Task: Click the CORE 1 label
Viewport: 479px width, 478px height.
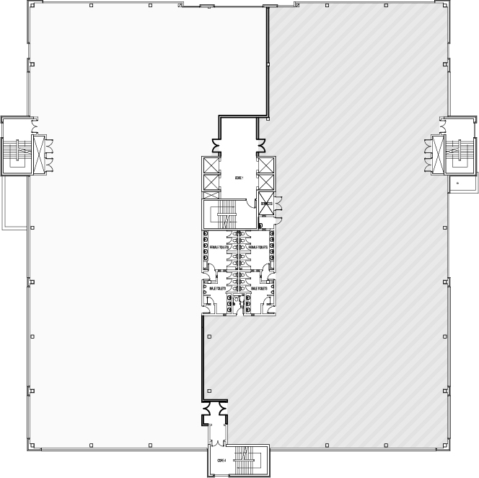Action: click(239, 178)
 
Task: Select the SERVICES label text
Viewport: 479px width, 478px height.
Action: click(265, 204)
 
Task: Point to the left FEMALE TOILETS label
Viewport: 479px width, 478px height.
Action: click(219, 247)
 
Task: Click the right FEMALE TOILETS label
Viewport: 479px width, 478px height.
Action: click(258, 247)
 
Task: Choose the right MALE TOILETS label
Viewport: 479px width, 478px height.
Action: click(258, 287)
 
